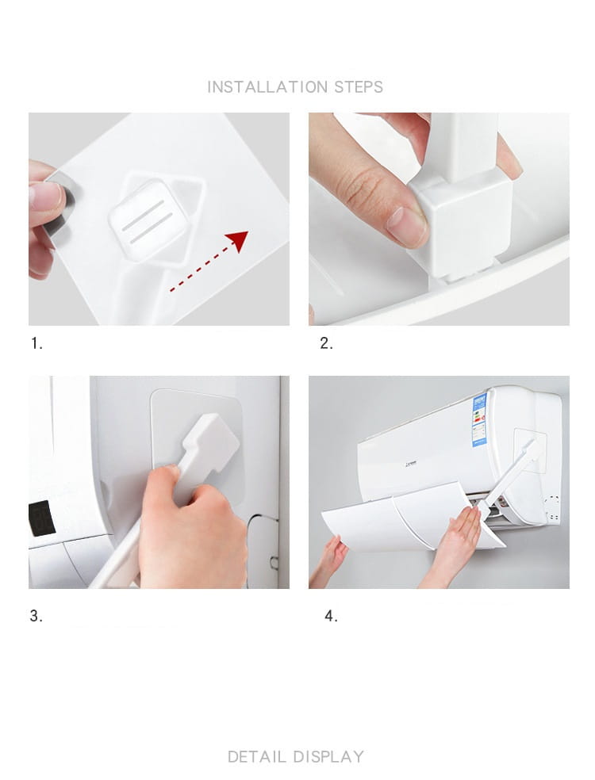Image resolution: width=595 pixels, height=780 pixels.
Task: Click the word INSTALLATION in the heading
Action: (x=267, y=87)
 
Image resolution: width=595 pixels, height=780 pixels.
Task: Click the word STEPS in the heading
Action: (x=359, y=87)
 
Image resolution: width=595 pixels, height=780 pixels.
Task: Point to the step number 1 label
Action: (x=36, y=343)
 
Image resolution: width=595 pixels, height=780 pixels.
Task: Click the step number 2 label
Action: (x=326, y=343)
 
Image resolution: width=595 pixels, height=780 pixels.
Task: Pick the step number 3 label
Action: (x=36, y=616)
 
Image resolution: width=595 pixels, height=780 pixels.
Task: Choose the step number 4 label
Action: (x=331, y=616)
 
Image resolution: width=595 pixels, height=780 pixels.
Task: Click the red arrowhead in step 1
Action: (x=237, y=240)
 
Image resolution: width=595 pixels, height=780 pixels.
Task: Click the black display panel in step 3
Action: (x=42, y=518)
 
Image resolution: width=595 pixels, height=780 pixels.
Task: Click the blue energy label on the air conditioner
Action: (x=479, y=420)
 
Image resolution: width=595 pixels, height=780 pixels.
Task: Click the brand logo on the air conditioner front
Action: (x=411, y=464)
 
